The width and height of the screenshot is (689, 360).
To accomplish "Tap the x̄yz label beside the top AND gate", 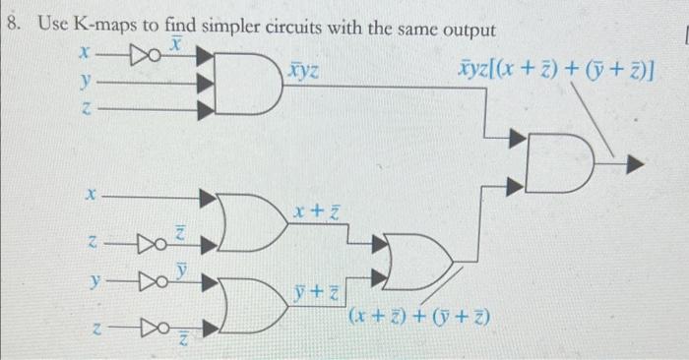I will pos(302,72).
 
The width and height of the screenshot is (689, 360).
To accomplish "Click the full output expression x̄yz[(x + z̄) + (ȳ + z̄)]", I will pos(556,72).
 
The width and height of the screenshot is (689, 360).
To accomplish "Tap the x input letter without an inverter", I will pos(88,196).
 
